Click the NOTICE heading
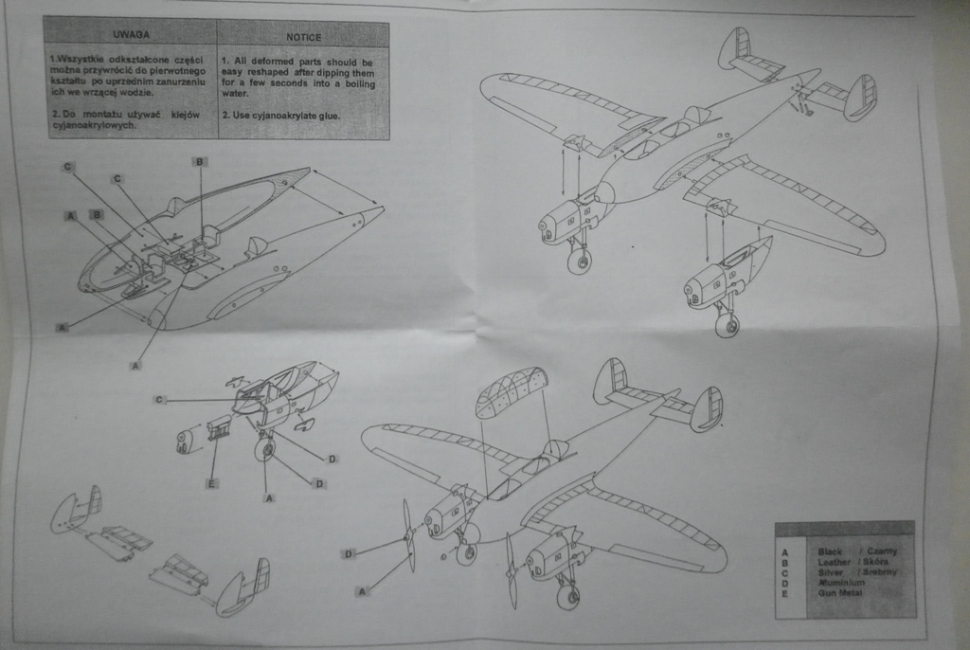[x=303, y=36]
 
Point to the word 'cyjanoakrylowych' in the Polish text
[x=86, y=126]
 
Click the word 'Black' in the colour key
[x=830, y=551]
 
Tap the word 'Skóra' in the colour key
[x=876, y=562]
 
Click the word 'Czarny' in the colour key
[x=881, y=551]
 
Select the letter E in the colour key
[x=783, y=593]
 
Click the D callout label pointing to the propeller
[x=349, y=553]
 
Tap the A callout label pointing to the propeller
[x=361, y=591]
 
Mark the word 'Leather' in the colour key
[x=834, y=562]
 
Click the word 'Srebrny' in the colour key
[x=880, y=572]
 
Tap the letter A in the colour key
[x=783, y=551]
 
